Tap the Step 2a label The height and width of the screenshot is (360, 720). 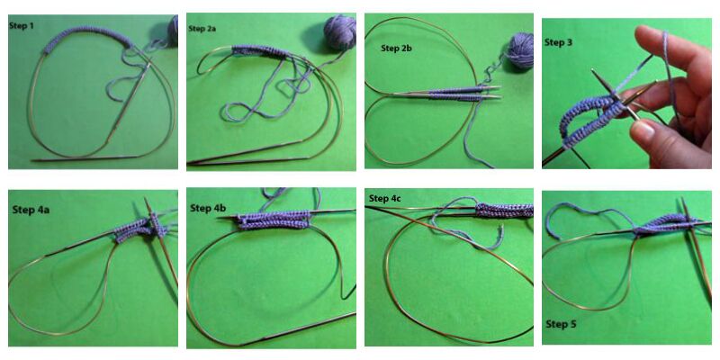coord(202,29)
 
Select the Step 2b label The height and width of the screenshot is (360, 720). coord(396,48)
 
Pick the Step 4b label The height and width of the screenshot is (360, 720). coord(208,208)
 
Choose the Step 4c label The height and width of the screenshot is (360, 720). coord(385,198)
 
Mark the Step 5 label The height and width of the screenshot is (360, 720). coord(561,324)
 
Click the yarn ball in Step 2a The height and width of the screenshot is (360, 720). coord(340,31)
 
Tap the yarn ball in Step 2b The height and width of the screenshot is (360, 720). coord(521,50)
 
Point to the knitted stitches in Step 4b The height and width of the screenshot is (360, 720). coord(274,220)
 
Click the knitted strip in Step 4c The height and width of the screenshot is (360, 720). coord(504,211)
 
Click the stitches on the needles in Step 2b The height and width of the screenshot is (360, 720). coord(455,94)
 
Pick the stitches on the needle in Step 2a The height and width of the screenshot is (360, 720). coord(260,52)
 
